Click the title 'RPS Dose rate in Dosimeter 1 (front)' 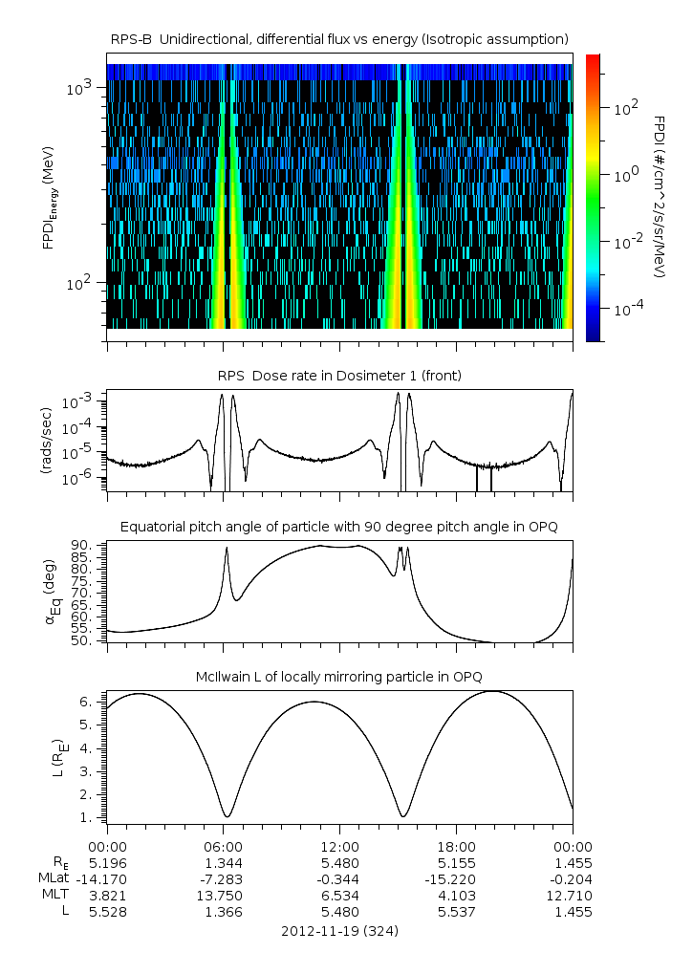(x=339, y=376)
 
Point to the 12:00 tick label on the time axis (x=339, y=846)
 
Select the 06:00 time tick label (x=223, y=846)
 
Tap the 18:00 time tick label (x=456, y=846)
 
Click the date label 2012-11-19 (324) (x=339, y=930)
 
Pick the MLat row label (x=54, y=878)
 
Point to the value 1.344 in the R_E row (x=223, y=862)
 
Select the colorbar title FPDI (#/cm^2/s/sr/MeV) (x=661, y=197)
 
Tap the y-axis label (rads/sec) (x=45, y=441)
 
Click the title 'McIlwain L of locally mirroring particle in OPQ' (x=339, y=677)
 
